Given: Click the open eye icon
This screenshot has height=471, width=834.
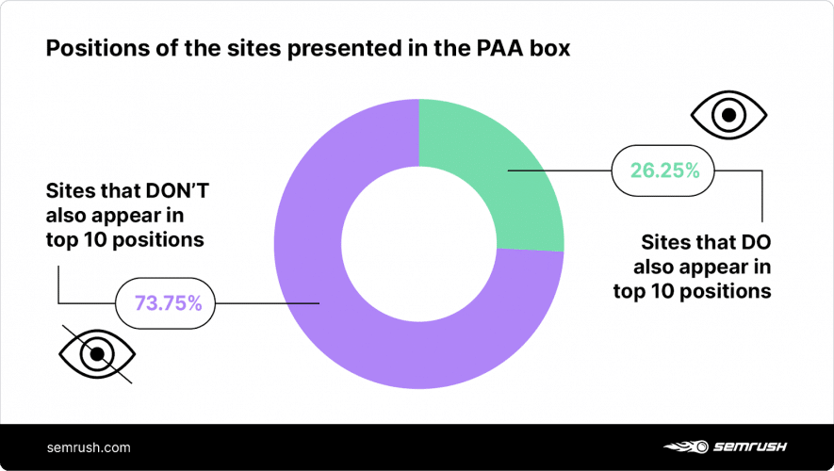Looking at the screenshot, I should (x=728, y=117).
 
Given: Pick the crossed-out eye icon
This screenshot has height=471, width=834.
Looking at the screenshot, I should (x=95, y=354).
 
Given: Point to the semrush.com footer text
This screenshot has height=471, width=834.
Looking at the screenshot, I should (x=89, y=447).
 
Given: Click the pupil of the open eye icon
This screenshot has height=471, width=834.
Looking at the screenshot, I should (x=728, y=117).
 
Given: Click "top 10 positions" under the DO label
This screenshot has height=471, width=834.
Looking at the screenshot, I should (x=693, y=291).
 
